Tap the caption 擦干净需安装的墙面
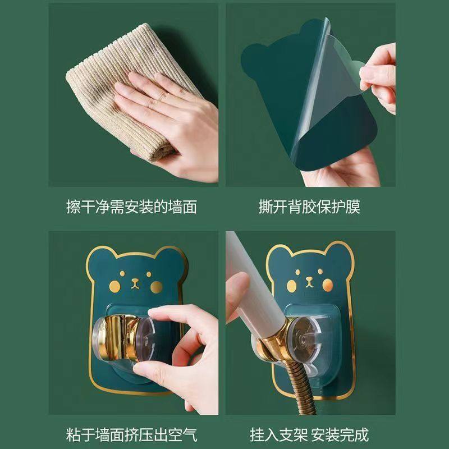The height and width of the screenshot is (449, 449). point(132,207)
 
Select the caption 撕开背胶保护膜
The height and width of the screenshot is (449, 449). point(309,207)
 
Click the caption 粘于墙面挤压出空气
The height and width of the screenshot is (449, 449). point(132,434)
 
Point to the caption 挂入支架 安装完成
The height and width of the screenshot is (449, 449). point(309,434)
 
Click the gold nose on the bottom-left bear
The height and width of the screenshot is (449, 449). point(135,283)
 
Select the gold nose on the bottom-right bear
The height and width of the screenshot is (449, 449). point(309,282)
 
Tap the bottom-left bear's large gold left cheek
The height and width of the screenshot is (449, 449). point(115,286)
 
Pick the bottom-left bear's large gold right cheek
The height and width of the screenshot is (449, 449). point(157,287)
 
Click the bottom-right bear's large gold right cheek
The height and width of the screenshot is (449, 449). point(328,285)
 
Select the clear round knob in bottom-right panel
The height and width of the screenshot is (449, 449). point(304,337)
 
